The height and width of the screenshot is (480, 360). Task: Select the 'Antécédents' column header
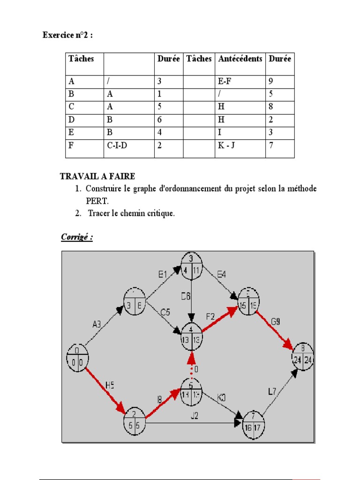click(x=240, y=59)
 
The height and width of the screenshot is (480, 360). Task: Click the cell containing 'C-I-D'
click(x=117, y=146)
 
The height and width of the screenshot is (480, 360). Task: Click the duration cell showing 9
click(x=271, y=81)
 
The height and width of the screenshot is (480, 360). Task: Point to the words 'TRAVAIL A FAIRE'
click(x=97, y=177)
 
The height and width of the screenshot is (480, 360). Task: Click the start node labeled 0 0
click(x=77, y=358)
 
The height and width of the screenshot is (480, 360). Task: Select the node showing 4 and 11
click(x=191, y=266)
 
